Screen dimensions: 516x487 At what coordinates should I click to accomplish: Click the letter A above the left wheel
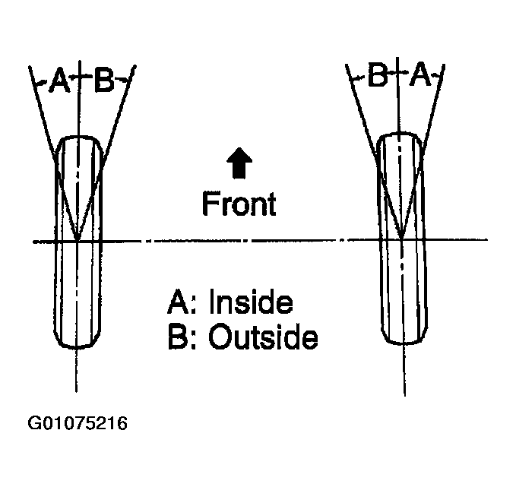(59, 81)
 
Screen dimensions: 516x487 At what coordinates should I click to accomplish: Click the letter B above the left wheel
(103, 81)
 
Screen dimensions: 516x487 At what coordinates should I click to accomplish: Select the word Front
(239, 203)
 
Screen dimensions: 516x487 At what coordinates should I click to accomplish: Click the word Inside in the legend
(251, 303)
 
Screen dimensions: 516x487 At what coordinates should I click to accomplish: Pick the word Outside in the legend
(263, 337)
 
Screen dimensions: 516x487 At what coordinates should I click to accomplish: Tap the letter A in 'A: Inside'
(177, 303)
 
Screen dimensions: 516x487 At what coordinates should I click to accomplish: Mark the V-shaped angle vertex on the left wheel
(78, 240)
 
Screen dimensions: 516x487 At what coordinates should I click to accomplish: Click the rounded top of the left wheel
(78, 138)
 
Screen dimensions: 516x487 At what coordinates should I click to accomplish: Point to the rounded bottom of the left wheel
(78, 348)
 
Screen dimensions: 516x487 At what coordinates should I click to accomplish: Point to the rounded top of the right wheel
(400, 135)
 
